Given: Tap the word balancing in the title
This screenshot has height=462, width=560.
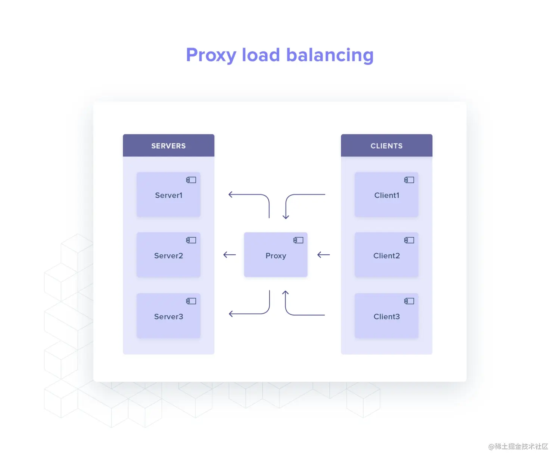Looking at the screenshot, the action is [x=330, y=55].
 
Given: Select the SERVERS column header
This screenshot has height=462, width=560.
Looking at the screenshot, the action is [x=168, y=146].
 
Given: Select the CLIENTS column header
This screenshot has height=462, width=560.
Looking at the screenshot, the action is [x=386, y=146].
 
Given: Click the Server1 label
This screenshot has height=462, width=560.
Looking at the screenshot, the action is [x=169, y=195].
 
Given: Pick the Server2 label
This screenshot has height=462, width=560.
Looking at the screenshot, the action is [x=168, y=255].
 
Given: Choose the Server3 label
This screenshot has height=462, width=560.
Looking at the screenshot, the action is [x=168, y=316].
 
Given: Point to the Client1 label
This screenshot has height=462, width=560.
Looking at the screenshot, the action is [x=387, y=195].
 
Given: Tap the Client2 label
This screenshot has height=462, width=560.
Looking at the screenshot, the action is [x=386, y=255].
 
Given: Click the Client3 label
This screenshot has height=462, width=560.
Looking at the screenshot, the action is [x=386, y=316].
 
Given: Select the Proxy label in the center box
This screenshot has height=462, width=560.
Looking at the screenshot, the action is [x=276, y=256].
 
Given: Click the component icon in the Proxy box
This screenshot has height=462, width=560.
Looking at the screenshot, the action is [x=298, y=240].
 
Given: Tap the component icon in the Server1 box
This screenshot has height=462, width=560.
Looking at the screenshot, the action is [x=191, y=180].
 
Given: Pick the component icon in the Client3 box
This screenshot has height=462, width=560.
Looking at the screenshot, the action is [x=409, y=301].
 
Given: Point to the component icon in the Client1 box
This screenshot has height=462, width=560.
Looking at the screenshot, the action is [x=409, y=180].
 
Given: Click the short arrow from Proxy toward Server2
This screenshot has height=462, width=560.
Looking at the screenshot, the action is [x=230, y=255].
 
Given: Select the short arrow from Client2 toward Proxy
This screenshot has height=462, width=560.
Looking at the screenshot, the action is [x=323, y=255].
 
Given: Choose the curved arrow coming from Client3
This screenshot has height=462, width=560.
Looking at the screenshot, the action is [x=290, y=313].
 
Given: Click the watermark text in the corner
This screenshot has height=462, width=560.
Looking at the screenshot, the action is [x=518, y=446].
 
